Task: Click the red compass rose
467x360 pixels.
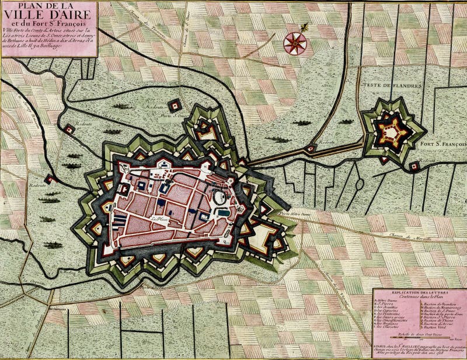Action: (x=295, y=43)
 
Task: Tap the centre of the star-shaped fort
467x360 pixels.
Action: (x=391, y=132)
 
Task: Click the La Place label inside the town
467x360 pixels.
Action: (x=158, y=219)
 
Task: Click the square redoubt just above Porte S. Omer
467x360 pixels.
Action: (x=175, y=106)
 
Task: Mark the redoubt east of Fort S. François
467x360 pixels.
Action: (x=414, y=166)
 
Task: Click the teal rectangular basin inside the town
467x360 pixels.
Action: (x=224, y=212)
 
